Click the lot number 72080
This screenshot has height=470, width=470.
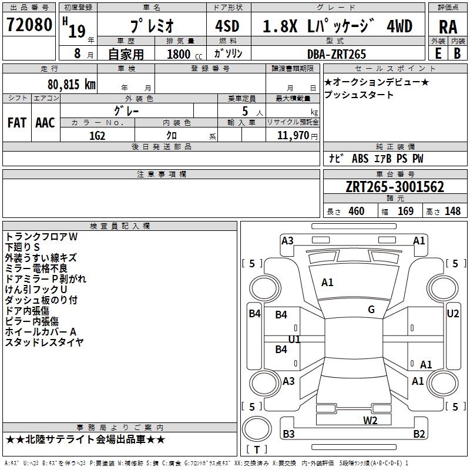[29, 25]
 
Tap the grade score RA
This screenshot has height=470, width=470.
[448, 26]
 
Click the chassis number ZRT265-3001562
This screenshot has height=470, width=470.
[395, 187]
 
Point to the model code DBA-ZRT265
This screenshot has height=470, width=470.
[337, 54]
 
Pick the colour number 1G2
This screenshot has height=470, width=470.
[97, 136]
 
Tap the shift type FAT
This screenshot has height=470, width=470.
[16, 123]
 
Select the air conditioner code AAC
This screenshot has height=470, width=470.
[45, 123]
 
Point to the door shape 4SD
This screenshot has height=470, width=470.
[227, 26]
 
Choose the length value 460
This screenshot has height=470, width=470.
[356, 211]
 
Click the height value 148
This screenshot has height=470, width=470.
[452, 211]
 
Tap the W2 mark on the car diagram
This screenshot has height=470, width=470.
[370, 419]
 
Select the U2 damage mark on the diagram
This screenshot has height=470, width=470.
[452, 313]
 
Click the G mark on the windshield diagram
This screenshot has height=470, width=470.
[371, 310]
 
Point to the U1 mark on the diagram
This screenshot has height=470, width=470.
[294, 340]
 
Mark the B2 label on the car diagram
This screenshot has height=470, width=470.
[419, 434]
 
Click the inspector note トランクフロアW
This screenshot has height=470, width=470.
[41, 236]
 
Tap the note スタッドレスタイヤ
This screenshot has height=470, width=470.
[44, 342]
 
